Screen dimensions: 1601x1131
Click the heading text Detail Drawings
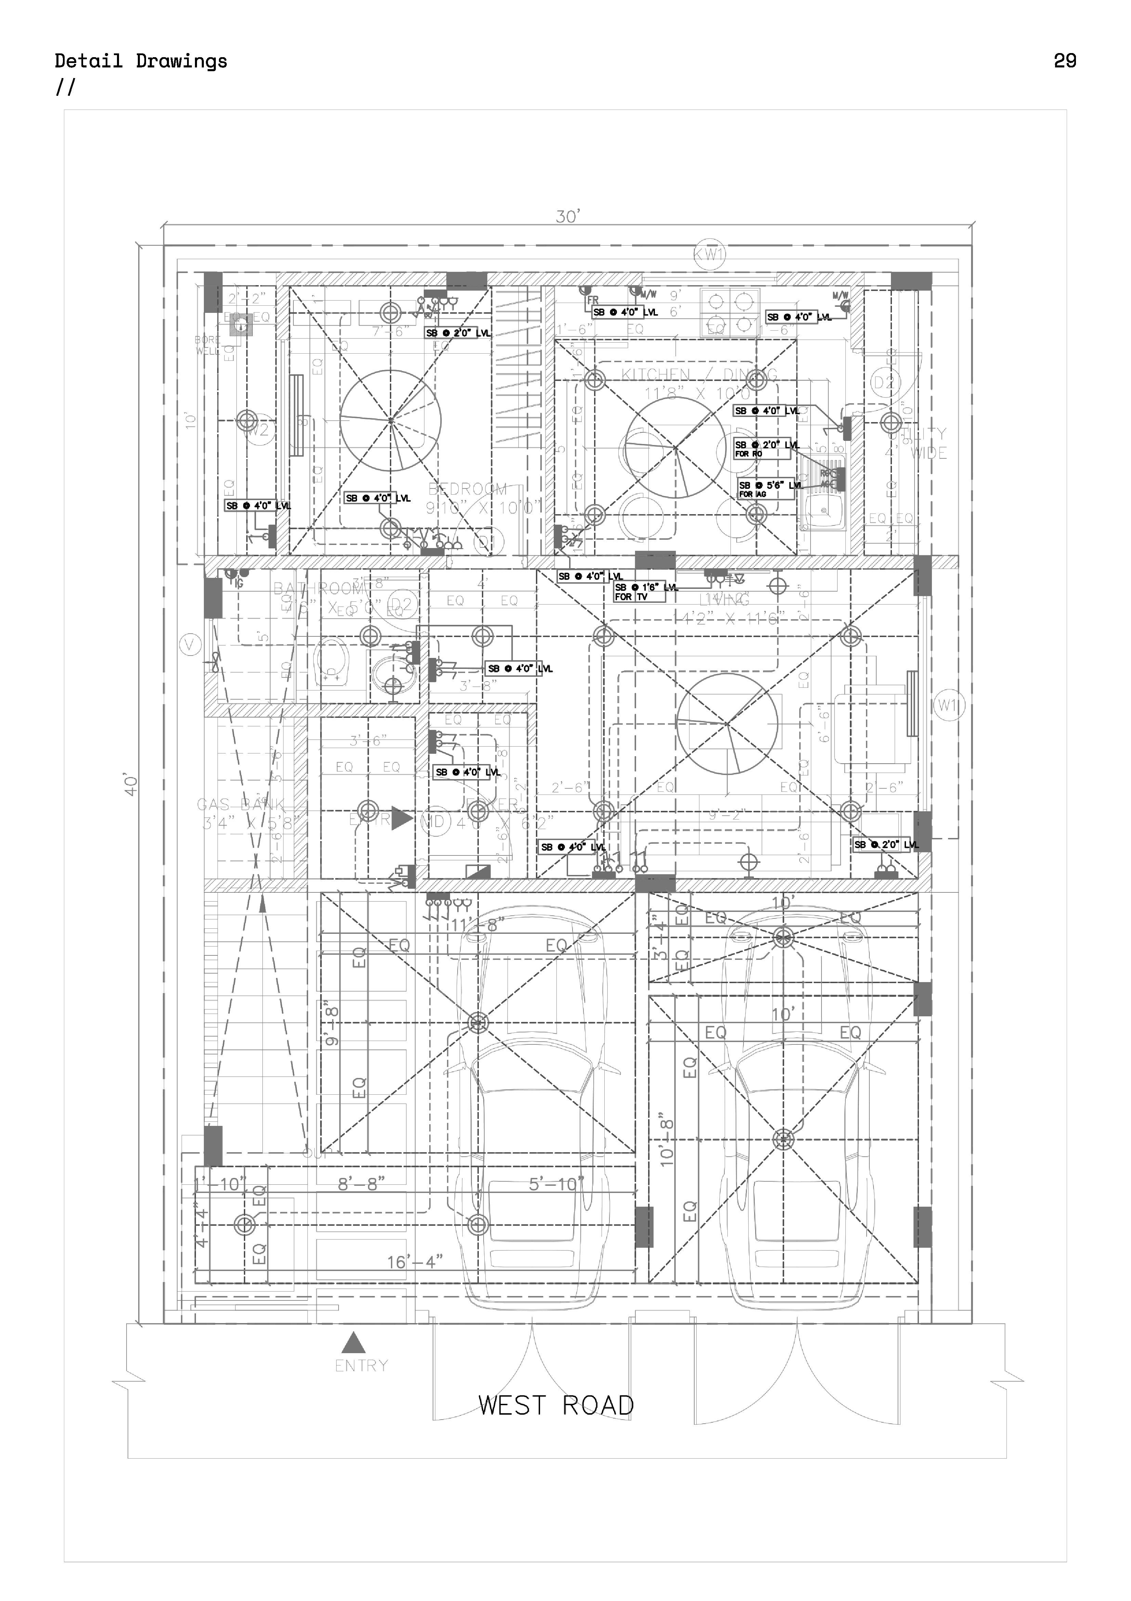coord(141,61)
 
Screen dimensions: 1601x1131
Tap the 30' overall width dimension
coord(567,217)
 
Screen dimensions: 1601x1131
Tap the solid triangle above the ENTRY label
coord(353,1342)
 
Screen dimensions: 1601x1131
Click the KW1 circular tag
coord(709,255)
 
